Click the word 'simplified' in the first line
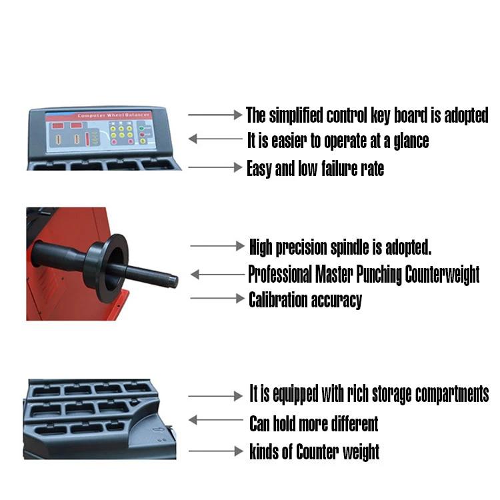pos(296,115)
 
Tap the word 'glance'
pos(411,141)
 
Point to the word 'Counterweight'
pos(442,274)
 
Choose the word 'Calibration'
pos(279,300)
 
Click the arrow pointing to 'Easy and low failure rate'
pos(215,167)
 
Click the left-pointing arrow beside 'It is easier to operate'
pos(215,139)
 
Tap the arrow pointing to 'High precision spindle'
pos(217,246)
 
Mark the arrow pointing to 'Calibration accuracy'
pos(217,298)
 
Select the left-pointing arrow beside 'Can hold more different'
pos(216,419)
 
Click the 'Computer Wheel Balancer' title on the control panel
pos(113,115)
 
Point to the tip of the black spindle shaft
pos(177,281)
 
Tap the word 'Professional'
pos(280,274)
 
